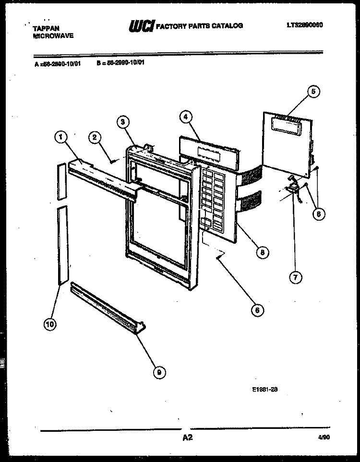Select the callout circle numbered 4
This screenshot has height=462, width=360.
click(185, 116)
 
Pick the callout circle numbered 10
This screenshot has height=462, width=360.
click(49, 325)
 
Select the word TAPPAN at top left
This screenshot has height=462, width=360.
click(46, 28)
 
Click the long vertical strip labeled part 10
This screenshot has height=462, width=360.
click(62, 245)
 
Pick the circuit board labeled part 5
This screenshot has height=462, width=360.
click(288, 144)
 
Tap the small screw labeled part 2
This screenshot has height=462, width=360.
click(111, 161)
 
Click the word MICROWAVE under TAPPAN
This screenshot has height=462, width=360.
click(53, 36)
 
